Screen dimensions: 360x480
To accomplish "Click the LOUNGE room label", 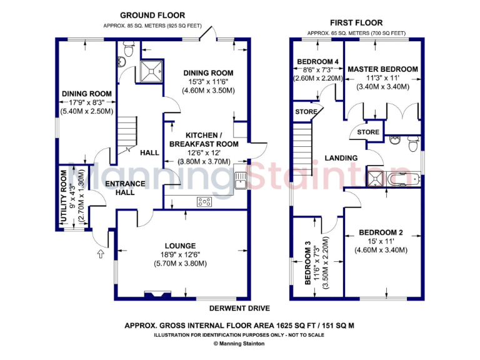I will [180, 246].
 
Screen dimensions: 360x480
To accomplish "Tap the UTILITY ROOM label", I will [64, 197].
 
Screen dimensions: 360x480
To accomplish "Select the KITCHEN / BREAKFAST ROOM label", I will [203, 139].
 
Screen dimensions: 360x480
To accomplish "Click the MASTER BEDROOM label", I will [382, 69].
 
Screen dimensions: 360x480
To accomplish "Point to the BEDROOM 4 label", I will [318, 61].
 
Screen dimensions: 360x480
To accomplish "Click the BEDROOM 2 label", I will [381, 233].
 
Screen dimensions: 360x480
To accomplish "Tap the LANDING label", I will [341, 158].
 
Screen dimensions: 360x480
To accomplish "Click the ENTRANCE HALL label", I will [125, 188].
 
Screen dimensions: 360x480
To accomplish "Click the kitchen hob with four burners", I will [204, 201].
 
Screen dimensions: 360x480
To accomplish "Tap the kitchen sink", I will [241, 181].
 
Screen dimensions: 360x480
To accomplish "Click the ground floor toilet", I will [129, 47].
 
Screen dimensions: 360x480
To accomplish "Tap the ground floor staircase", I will [126, 134].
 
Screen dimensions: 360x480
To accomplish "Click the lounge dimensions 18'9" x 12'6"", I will [180, 254].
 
